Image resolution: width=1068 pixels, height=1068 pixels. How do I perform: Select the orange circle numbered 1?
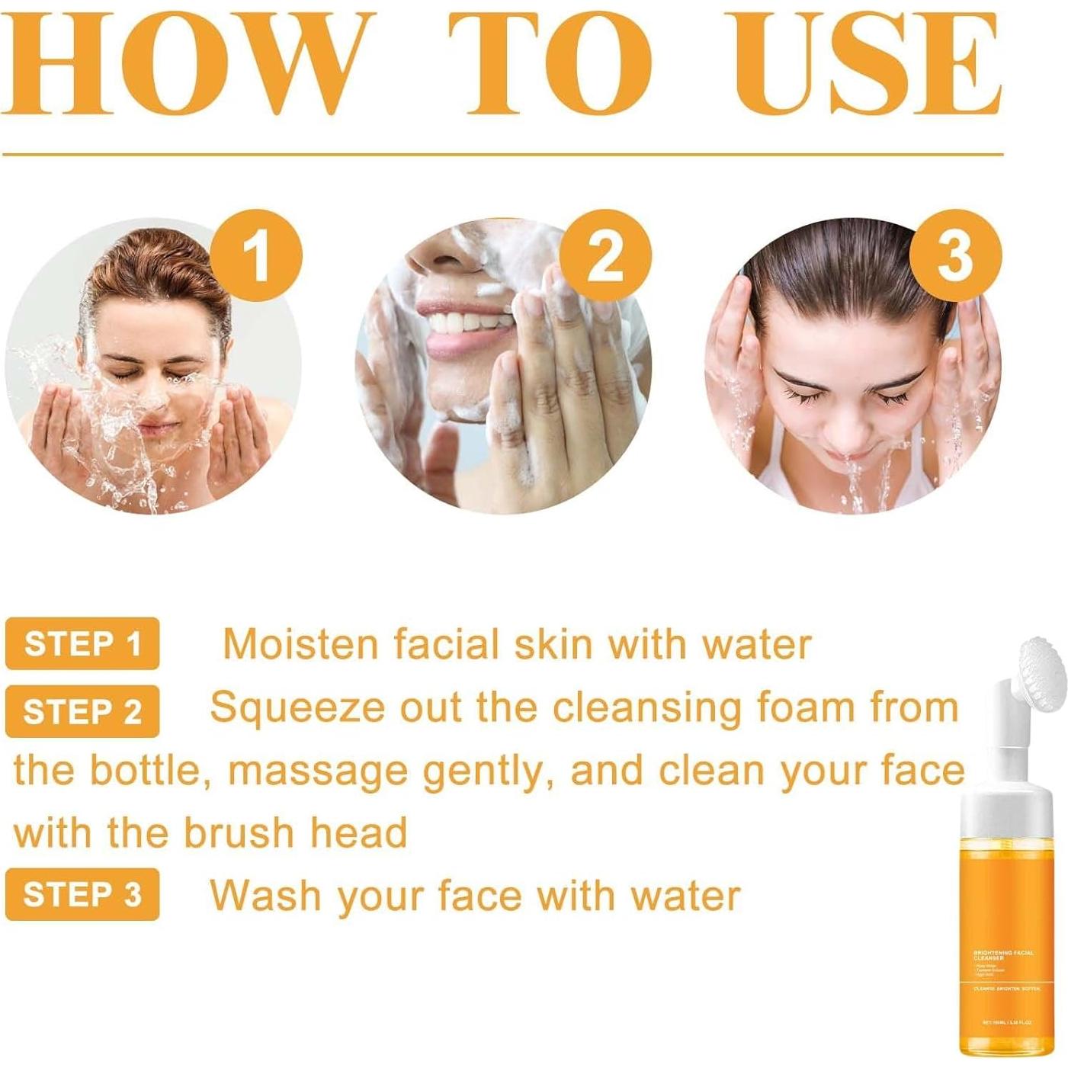point(256,255)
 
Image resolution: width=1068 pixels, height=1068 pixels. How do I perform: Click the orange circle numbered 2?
point(605,255)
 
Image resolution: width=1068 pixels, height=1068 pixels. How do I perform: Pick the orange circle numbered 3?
point(954,255)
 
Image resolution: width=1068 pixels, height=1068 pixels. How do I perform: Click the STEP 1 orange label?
point(82,644)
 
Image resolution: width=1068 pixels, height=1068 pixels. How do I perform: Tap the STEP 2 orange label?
point(82,711)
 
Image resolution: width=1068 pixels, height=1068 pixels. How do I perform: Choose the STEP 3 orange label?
point(82,894)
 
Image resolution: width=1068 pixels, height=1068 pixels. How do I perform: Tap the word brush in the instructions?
point(239,832)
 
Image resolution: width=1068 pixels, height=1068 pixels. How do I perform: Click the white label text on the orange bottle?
point(1005,956)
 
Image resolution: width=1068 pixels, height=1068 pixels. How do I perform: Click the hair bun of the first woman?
point(156,263)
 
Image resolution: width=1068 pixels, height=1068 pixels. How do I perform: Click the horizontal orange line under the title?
point(503,155)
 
